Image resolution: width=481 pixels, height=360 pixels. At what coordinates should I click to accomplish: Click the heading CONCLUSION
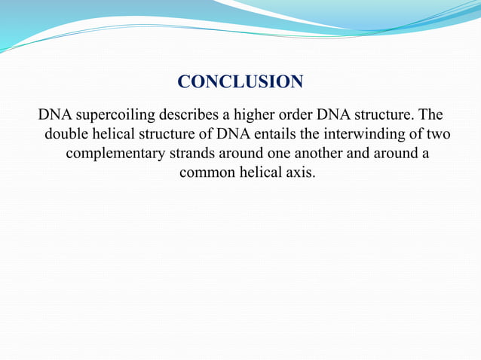pyautogui.click(x=240, y=81)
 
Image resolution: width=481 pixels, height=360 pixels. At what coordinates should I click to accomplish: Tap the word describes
pyautogui.click(x=191, y=116)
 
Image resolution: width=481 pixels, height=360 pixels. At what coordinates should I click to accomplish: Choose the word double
pyautogui.click(x=68, y=135)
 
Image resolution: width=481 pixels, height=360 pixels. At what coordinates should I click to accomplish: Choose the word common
pyautogui.click(x=205, y=172)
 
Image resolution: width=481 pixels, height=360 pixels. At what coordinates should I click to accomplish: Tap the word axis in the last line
pyautogui.click(x=300, y=172)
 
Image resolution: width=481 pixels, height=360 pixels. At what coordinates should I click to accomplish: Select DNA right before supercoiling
pyautogui.click(x=54, y=116)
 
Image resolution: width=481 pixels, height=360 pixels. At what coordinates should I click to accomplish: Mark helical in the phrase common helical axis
pyautogui.click(x=259, y=172)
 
